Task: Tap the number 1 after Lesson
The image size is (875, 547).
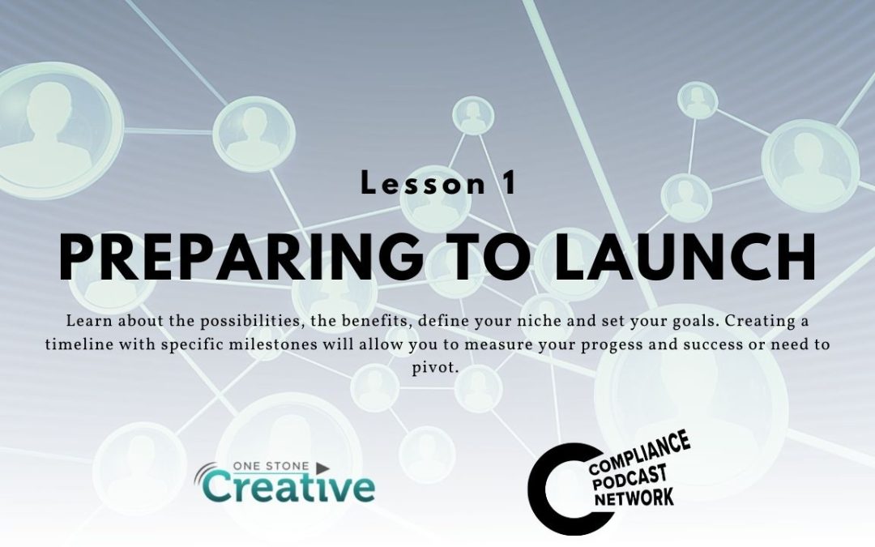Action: pyautogui.click(x=509, y=183)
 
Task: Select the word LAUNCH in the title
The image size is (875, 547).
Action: pyautogui.click(x=685, y=256)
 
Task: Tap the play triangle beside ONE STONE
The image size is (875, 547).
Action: pyautogui.click(x=322, y=468)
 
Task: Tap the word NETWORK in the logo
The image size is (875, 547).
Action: pyautogui.click(x=634, y=498)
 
